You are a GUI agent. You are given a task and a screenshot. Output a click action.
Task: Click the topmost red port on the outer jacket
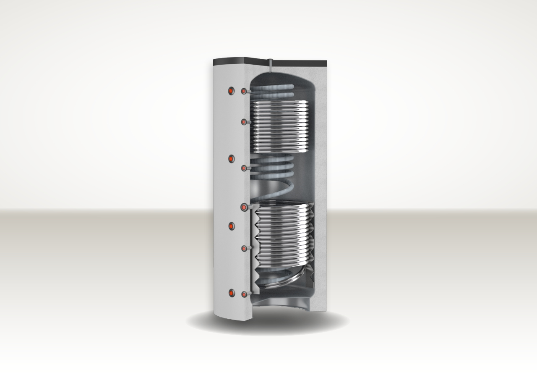(231, 91)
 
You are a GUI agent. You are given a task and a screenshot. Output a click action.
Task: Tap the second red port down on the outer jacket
(231, 158)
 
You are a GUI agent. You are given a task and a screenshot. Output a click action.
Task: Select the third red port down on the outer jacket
(231, 226)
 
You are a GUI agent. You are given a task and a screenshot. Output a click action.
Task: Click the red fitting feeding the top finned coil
(244, 91)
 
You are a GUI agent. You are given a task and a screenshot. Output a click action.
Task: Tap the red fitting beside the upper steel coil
(244, 121)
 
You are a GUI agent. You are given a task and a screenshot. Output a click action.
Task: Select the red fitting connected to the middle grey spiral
(244, 168)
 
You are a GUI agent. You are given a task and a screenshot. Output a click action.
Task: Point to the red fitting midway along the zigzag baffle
(244, 248)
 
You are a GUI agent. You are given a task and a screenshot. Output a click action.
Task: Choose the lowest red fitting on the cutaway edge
(244, 294)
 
